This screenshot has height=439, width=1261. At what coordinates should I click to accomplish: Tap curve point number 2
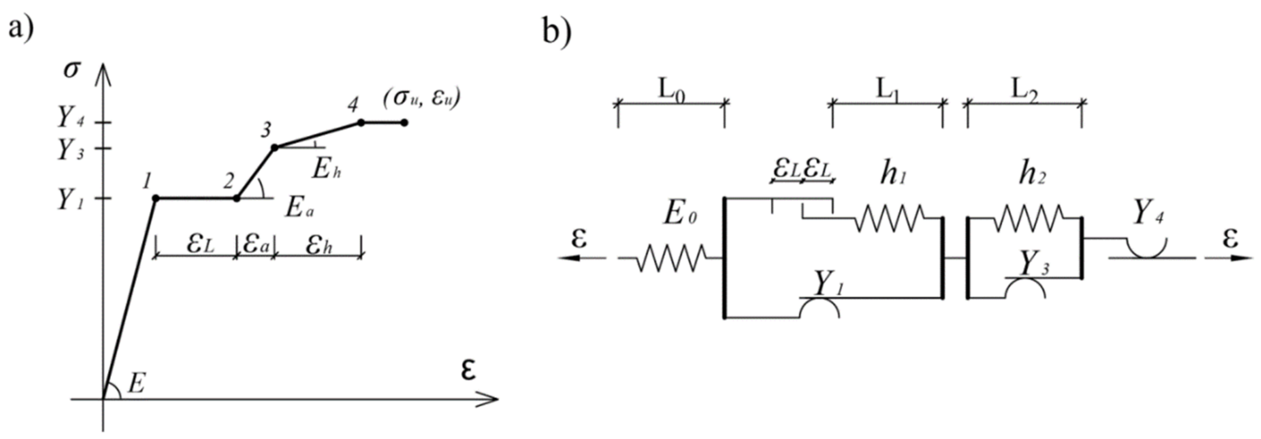[236, 198]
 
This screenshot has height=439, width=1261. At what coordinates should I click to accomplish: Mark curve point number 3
[275, 147]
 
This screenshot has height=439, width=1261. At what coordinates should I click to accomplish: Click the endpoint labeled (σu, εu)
[404, 123]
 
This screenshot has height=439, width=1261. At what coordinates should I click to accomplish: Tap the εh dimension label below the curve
[319, 245]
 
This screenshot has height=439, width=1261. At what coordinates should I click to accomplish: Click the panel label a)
[20, 28]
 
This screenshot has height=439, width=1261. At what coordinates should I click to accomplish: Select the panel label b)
[557, 32]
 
